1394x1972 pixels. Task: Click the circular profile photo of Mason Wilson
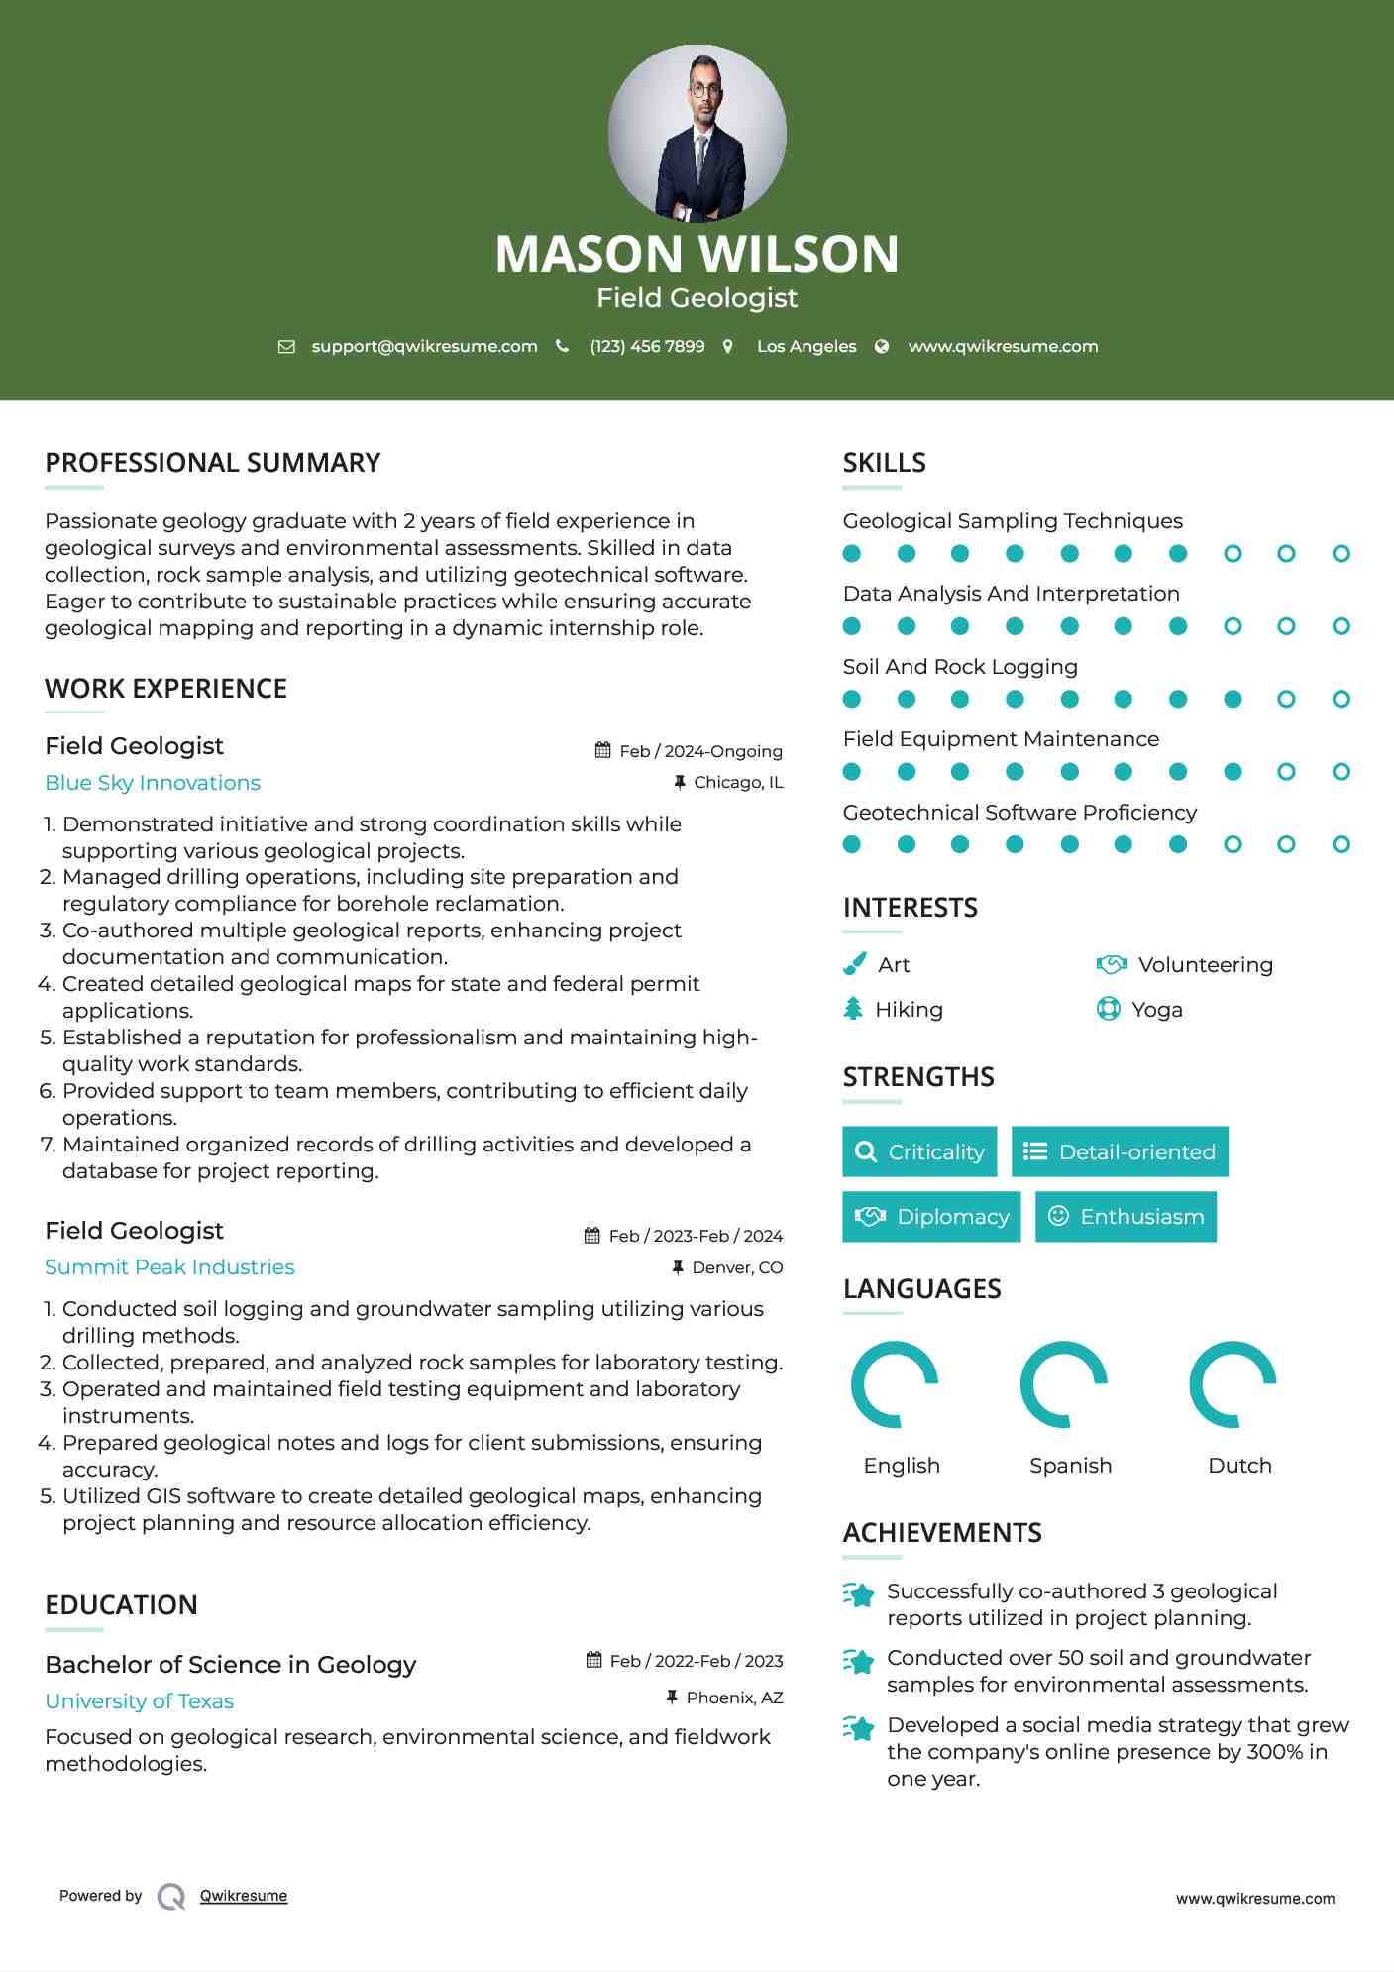click(x=697, y=133)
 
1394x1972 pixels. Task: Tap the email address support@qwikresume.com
click(x=424, y=346)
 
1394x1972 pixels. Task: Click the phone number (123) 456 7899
click(x=647, y=346)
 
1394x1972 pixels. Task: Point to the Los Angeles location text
click(x=805, y=346)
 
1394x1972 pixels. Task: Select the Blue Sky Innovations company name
click(x=153, y=783)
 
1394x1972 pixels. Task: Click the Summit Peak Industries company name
click(x=169, y=1267)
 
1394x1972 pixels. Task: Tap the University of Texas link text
click(x=139, y=1701)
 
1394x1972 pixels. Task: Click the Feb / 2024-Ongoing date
click(x=699, y=751)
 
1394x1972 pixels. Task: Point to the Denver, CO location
click(x=736, y=1267)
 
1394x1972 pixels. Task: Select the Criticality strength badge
click(x=919, y=1151)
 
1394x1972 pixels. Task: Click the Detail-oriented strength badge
click(x=1120, y=1151)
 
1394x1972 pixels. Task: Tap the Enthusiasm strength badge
click(x=1126, y=1216)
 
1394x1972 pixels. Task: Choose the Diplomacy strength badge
click(x=931, y=1216)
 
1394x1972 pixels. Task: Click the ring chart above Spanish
click(x=1064, y=1384)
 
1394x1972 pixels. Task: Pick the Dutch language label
click(x=1239, y=1466)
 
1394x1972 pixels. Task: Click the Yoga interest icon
click(x=1108, y=1009)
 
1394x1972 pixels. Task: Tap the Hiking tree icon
click(x=853, y=1009)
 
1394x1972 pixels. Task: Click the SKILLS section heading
click(x=884, y=463)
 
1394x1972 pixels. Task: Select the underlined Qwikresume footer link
click(x=244, y=1896)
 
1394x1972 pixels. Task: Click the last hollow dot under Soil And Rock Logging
click(x=1340, y=699)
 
